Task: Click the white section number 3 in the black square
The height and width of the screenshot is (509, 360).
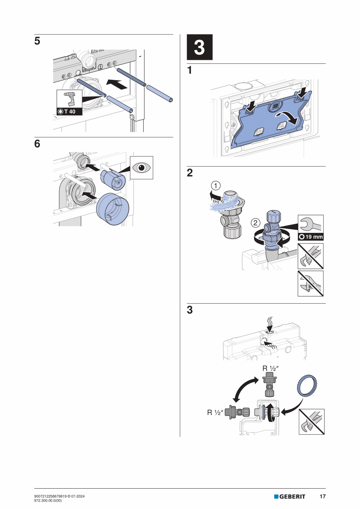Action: pos(199,47)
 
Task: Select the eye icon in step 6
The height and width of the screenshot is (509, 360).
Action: pos(141,167)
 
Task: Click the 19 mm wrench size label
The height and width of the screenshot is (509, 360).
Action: pos(311,237)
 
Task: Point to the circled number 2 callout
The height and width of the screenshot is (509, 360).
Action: pos(255,223)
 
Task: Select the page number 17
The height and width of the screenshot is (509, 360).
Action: pos(322,496)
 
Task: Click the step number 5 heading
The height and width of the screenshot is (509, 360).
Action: pos(37,41)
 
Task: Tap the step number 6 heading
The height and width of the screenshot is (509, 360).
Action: pos(37,144)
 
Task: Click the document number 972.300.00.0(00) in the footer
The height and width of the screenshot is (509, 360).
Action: pos(51,500)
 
